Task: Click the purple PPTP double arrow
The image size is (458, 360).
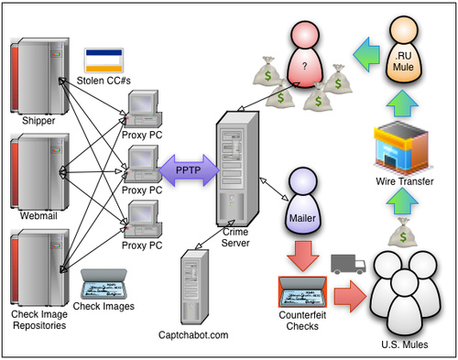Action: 189,170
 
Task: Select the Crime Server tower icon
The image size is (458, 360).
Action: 238,169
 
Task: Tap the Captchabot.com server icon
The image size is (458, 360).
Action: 194,287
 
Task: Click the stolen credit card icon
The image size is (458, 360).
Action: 104,60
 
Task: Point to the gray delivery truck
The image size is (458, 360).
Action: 348,264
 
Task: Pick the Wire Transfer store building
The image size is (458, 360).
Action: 401,148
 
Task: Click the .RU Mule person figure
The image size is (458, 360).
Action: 403,49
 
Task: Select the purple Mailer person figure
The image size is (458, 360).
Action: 302,201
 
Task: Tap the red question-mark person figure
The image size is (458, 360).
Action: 305,54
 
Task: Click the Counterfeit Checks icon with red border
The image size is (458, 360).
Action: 302,292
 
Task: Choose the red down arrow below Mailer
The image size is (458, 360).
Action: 303,256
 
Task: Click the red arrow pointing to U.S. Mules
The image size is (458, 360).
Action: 350,296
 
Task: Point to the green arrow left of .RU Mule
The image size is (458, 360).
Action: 366,55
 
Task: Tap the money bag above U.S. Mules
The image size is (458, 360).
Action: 403,232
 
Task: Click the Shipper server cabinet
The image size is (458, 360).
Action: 39,76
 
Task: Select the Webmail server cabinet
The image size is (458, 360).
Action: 39,171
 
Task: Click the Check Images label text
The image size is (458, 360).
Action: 104,306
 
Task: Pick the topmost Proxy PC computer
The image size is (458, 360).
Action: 143,109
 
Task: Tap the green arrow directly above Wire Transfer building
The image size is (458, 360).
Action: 402,104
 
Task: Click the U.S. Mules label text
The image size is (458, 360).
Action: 405,344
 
